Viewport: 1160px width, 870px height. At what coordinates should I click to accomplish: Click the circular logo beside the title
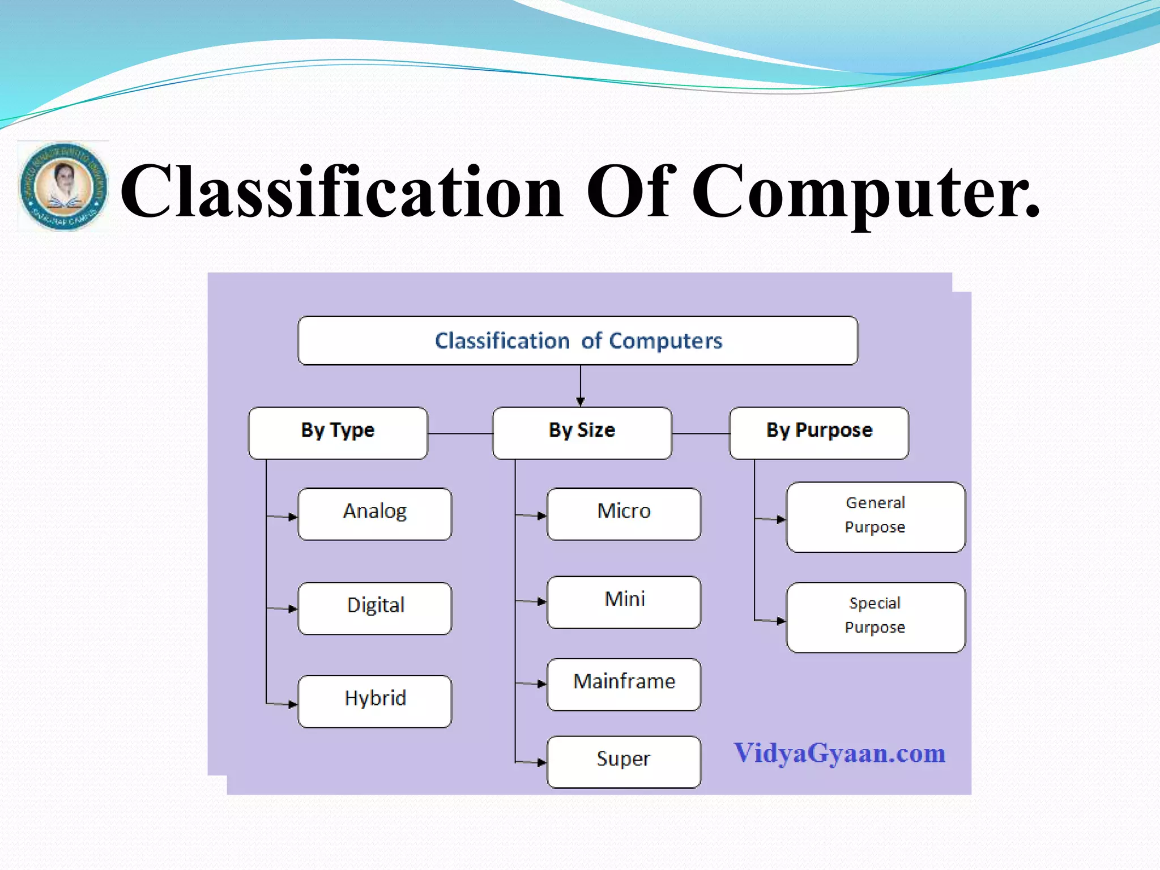point(63,186)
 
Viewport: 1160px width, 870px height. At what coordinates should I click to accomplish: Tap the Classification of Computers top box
point(578,341)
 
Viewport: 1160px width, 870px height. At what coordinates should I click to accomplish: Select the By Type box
point(338,433)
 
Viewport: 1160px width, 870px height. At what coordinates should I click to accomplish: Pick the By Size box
point(582,433)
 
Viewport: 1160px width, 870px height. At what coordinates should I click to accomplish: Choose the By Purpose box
point(818,433)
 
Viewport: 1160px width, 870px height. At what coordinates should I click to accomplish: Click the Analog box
point(375,514)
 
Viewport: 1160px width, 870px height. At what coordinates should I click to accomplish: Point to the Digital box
point(375,608)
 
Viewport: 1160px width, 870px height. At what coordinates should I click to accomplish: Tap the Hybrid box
point(375,701)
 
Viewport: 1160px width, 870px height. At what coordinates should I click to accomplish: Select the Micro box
point(624,514)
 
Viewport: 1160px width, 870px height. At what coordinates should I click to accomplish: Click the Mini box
point(624,602)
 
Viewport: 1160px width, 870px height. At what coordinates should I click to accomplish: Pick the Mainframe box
point(624,684)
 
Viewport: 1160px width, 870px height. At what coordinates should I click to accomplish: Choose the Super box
point(624,761)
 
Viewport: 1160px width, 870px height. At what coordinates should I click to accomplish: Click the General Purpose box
point(875,517)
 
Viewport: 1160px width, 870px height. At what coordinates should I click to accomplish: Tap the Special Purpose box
point(875,617)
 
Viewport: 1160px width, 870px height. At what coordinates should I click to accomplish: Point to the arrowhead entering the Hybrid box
point(292,705)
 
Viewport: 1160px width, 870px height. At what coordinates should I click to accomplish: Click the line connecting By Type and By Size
point(460,433)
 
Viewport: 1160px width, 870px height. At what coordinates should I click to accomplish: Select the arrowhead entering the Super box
point(541,762)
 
